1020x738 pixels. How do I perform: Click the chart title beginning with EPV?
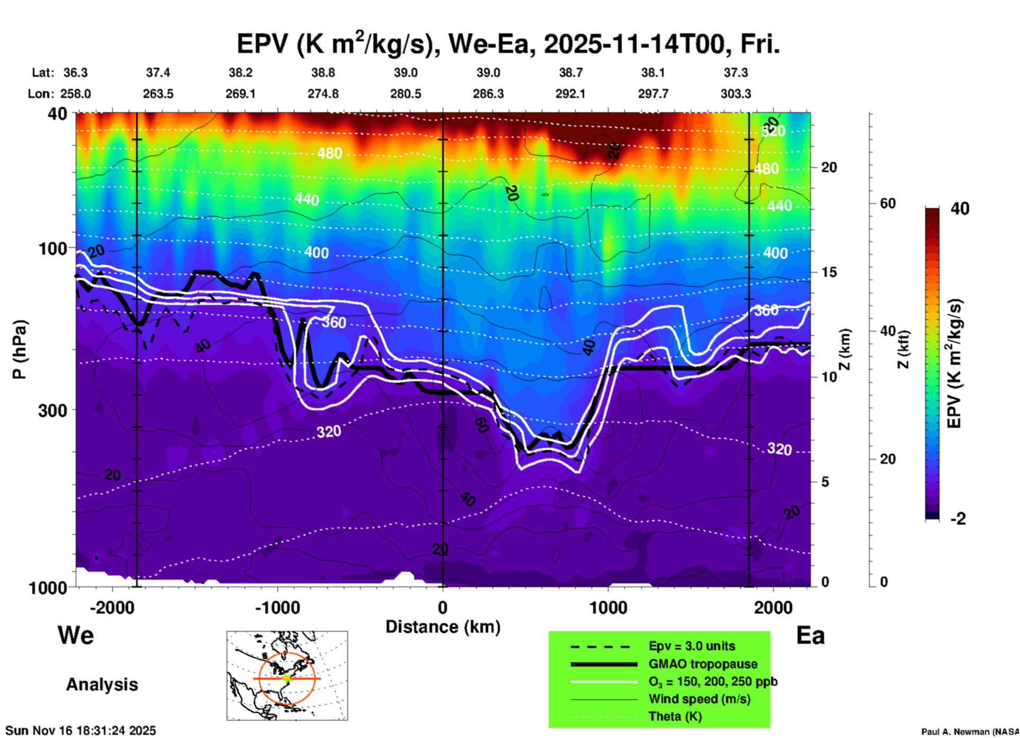[508, 44]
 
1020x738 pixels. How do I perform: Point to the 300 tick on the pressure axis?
[52, 410]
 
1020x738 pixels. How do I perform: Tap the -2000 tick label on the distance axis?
[112, 608]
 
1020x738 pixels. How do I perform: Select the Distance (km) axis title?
[443, 627]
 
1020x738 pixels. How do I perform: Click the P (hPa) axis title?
[20, 349]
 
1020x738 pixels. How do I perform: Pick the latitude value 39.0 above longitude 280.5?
[405, 73]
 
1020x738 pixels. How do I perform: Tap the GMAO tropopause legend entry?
[703, 664]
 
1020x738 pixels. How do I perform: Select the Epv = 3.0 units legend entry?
[692, 646]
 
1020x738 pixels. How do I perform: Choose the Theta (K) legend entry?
[675, 716]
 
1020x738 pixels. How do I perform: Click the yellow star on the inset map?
[287, 678]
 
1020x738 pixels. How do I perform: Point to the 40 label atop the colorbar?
[960, 209]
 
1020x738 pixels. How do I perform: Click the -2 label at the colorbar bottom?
[958, 519]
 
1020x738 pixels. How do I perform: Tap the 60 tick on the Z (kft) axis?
[888, 203]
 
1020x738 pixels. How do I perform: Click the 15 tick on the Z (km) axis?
[828, 272]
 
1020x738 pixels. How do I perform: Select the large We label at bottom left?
[76, 635]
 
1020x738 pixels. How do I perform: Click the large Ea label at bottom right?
[810, 635]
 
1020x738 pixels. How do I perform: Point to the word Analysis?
[102, 685]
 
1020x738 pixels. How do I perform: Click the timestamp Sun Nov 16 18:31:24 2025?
[80, 731]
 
